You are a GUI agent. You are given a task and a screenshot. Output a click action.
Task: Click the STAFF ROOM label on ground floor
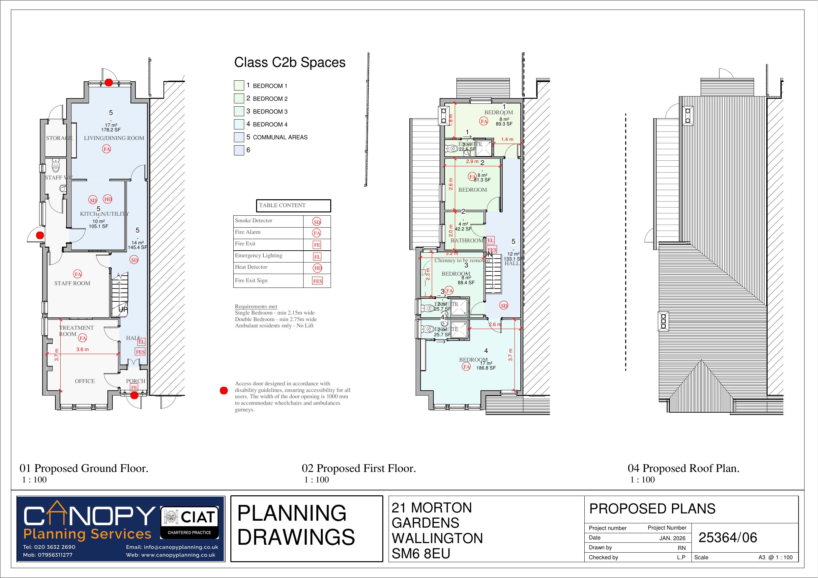point(72,284)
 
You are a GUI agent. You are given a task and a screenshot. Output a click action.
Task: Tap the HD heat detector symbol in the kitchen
point(107,200)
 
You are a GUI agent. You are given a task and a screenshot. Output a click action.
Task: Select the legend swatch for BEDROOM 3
point(239,111)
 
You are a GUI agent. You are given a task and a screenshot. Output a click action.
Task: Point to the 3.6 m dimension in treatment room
point(82,350)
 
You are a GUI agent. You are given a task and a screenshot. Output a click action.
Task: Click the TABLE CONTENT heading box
point(293,206)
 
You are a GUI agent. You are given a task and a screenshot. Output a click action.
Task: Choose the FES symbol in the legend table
point(317,281)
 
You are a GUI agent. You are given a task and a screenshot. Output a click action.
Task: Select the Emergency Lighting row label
point(258,256)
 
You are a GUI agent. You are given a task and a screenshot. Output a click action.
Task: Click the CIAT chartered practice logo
point(189,522)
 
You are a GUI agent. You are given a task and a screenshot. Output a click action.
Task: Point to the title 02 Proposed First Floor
point(359,468)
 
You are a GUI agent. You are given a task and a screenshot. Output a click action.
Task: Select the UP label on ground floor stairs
point(123,310)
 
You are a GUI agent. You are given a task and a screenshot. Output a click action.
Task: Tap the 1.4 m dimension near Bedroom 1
point(507,140)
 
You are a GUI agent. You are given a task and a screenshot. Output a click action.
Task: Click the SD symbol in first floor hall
point(504,306)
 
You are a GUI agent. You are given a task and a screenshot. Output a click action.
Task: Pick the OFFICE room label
point(85,381)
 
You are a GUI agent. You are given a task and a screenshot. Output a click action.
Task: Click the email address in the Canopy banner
point(172,547)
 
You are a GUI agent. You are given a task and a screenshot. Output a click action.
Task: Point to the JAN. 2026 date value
point(672,538)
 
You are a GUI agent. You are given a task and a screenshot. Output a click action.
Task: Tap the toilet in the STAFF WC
point(56,166)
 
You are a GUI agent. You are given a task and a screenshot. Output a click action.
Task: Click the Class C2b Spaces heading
point(290,63)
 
